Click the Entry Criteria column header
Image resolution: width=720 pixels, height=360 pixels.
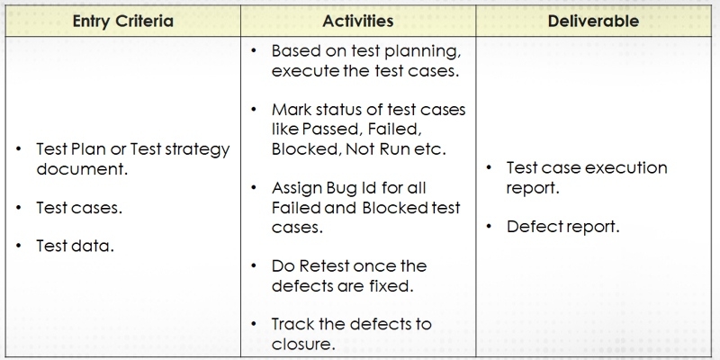coord(123,20)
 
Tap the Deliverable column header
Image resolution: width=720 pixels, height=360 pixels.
coord(596,20)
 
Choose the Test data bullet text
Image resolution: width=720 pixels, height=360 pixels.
coord(75,246)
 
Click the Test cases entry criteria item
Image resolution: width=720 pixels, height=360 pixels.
coord(79,207)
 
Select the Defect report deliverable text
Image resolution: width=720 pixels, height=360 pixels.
coord(562,227)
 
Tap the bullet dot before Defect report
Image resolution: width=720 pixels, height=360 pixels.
coord(489,226)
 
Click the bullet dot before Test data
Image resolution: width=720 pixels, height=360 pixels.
coord(19,245)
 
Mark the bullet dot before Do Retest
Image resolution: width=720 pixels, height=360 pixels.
coord(255,265)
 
